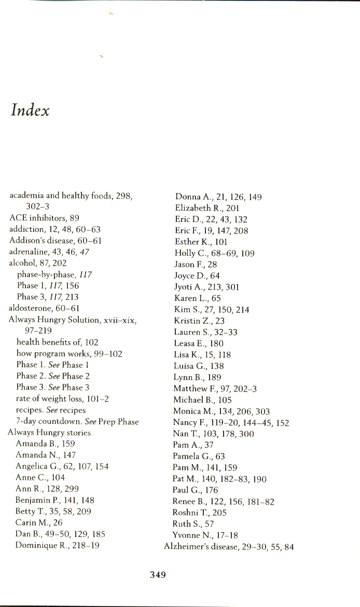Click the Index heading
30,111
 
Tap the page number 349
158,574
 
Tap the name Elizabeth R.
197,209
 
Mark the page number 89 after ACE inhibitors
74,218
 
